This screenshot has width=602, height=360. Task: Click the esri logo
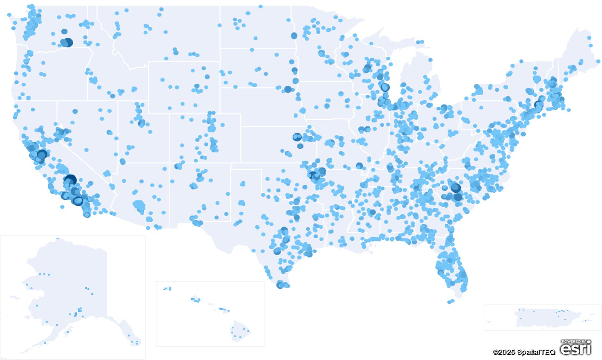pyautogui.click(x=575, y=349)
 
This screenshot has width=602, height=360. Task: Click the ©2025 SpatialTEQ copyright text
pyautogui.click(x=523, y=352)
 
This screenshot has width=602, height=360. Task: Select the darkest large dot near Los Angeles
pyautogui.click(x=70, y=180)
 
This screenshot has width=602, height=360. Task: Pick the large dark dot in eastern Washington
pyautogui.click(x=68, y=42)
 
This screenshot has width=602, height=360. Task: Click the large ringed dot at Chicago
pyautogui.click(x=385, y=87)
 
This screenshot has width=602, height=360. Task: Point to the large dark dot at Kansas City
pyautogui.click(x=297, y=137)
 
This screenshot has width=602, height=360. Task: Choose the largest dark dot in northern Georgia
pyautogui.click(x=456, y=187)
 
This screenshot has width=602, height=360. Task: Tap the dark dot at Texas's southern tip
pyautogui.click(x=280, y=285)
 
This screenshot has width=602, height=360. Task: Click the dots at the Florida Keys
pyautogui.click(x=451, y=302)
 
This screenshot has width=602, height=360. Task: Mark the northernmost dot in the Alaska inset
pyautogui.click(x=58, y=238)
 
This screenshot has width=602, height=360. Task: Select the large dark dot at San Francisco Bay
pyautogui.click(x=42, y=154)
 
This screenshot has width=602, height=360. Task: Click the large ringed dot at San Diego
pyautogui.click(x=78, y=201)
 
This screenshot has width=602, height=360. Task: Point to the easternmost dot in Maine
pyautogui.click(x=598, y=61)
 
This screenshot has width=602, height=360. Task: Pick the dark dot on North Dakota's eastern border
pyautogui.click(x=294, y=36)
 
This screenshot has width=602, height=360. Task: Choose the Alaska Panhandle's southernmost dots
pyautogui.click(x=136, y=342)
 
